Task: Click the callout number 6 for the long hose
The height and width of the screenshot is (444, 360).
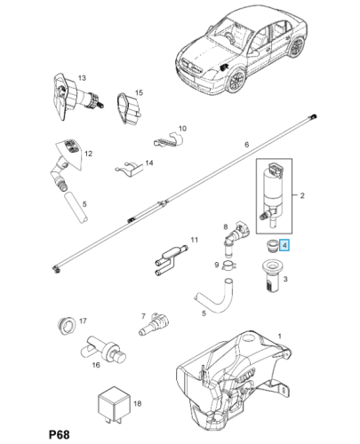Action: (246, 144)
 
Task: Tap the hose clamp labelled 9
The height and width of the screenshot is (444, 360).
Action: (228, 263)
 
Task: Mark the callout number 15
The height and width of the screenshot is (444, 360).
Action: (139, 92)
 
